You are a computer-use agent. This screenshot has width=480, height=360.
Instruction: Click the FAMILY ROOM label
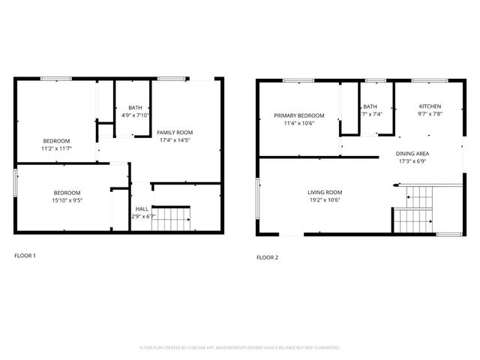[174, 132]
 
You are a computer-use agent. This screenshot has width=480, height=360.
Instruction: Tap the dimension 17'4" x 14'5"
[174, 139]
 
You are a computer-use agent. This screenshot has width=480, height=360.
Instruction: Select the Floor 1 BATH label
[135, 107]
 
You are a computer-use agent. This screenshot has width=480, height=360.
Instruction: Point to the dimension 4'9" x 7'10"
[135, 115]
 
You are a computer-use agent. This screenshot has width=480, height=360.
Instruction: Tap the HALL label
[141, 209]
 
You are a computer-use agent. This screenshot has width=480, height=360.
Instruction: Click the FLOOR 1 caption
[25, 256]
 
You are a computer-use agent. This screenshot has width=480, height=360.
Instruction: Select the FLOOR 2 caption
[268, 257]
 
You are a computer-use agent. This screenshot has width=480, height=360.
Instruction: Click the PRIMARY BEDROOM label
[299, 115]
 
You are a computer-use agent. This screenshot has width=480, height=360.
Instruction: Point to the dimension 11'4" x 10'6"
[299, 123]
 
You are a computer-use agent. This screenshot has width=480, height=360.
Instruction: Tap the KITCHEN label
[430, 106]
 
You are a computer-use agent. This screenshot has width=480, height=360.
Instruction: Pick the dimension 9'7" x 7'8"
[430, 114]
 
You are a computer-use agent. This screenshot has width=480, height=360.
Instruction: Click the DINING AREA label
[412, 154]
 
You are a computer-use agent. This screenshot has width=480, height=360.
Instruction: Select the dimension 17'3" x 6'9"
[412, 161]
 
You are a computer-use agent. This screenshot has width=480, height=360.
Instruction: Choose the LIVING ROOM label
[325, 193]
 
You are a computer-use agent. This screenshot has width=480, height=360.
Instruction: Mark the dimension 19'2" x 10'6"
[325, 200]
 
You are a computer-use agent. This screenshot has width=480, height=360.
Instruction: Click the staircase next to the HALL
[171, 218]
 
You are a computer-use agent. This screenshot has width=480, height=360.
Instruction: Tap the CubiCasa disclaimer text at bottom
[240, 348]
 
